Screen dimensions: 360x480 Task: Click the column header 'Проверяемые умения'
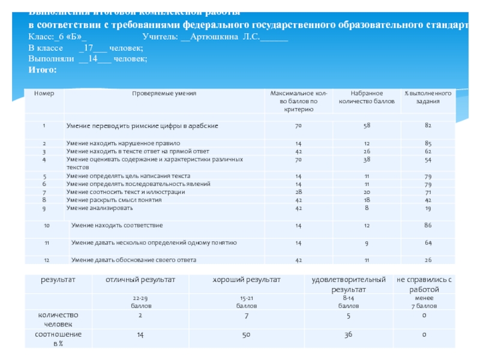164,94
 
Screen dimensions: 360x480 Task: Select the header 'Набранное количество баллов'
367,98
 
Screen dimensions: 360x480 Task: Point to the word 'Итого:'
43,70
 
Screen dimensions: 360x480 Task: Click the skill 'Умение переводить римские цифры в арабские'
142,126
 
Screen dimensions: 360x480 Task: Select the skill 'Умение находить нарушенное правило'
123,144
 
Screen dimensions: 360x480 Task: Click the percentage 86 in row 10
428,225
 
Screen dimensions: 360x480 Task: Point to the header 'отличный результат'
140,280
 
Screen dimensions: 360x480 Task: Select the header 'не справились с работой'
424,284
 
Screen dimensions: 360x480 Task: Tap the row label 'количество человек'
58,319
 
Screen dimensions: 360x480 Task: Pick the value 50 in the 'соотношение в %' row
246,334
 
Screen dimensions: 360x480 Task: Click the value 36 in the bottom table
348,334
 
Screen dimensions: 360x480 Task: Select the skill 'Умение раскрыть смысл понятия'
114,199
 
